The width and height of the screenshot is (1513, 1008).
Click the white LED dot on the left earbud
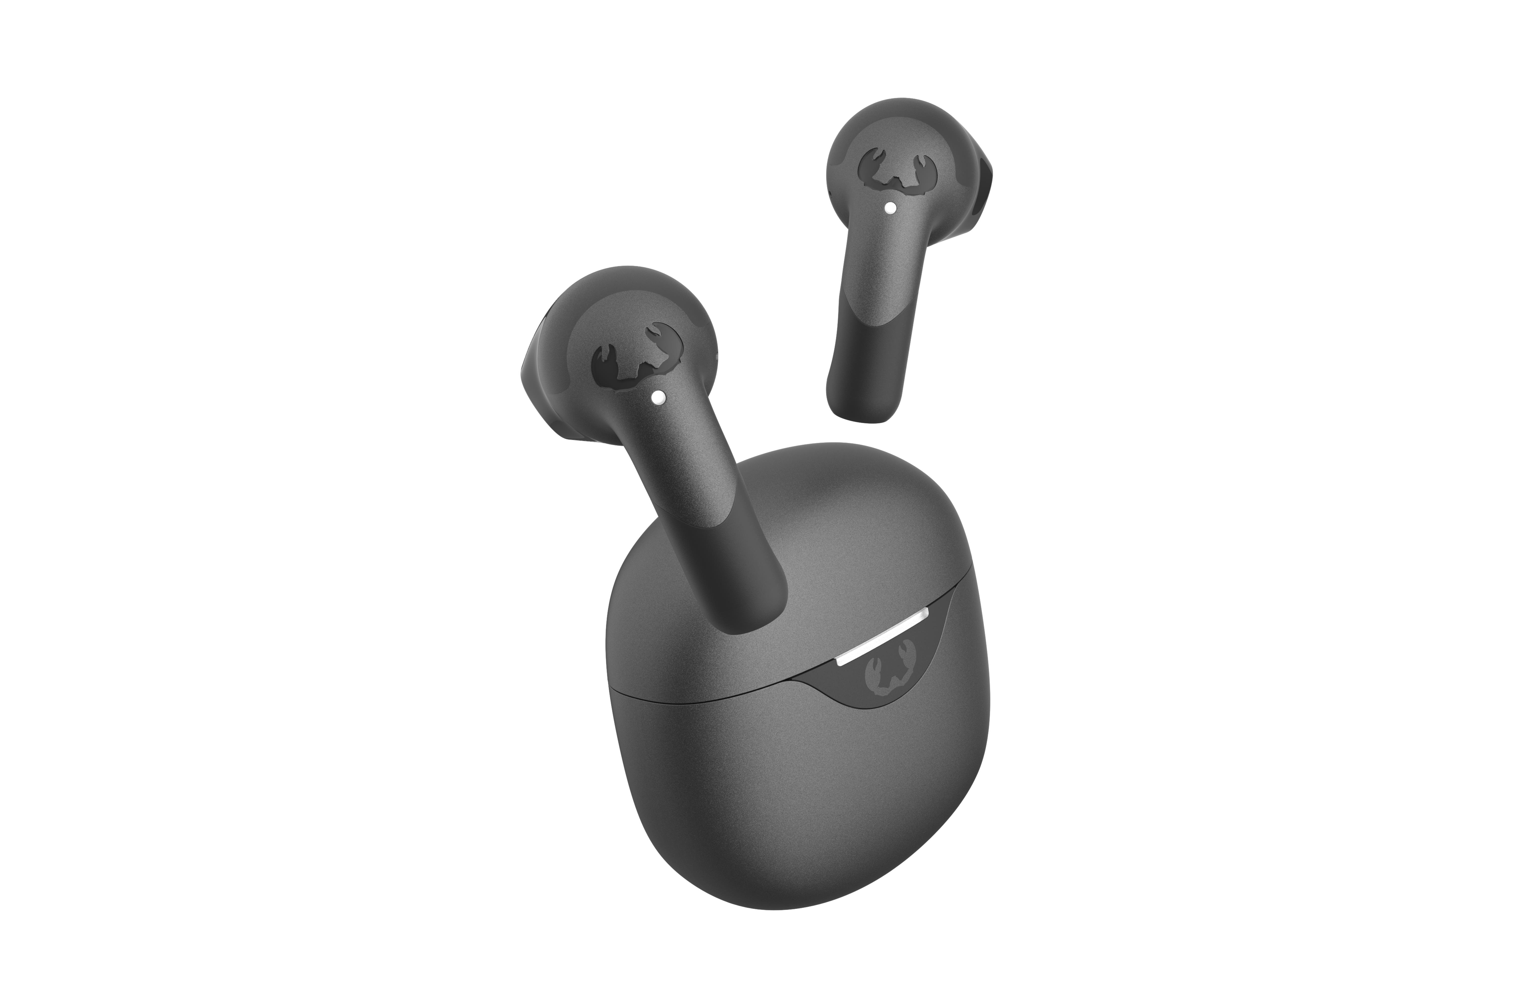657,399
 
